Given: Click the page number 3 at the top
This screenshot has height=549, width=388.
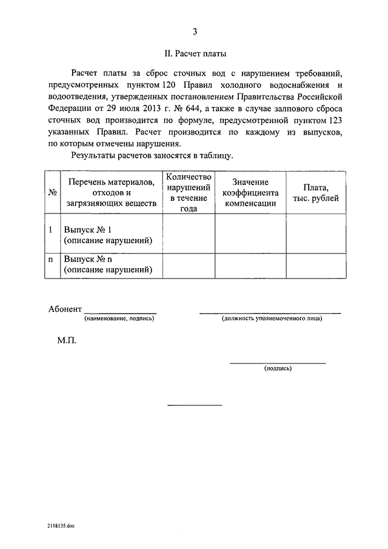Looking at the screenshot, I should click(x=195, y=32).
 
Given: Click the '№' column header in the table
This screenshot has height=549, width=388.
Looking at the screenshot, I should click(x=52, y=192).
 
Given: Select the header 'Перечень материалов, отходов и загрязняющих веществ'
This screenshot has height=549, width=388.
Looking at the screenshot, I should click(x=112, y=192).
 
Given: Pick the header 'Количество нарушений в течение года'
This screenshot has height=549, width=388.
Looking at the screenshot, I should click(x=189, y=192).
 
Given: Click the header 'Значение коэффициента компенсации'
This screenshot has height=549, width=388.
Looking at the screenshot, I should click(x=250, y=192).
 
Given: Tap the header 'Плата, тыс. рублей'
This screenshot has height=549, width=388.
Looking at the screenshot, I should click(x=316, y=192).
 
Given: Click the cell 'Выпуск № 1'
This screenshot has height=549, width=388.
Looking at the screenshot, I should click(x=89, y=230).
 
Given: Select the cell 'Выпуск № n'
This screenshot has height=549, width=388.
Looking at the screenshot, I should click(x=89, y=259).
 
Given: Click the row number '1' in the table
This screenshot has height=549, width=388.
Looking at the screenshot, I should click(x=51, y=230).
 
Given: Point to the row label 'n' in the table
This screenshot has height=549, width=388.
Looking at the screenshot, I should click(x=51, y=259).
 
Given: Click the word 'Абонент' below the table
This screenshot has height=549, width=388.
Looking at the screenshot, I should click(x=65, y=309).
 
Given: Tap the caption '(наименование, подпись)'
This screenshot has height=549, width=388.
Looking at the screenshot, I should click(x=119, y=318).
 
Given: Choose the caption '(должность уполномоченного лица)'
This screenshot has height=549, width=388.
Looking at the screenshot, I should click(x=272, y=318).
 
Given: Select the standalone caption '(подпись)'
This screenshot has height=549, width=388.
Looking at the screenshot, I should click(x=278, y=368).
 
